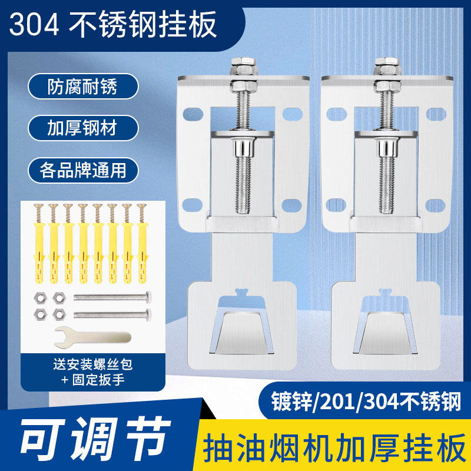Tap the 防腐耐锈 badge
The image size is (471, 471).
82,87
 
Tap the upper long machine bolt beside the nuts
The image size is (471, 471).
112,298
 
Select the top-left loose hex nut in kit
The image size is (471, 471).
39,298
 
